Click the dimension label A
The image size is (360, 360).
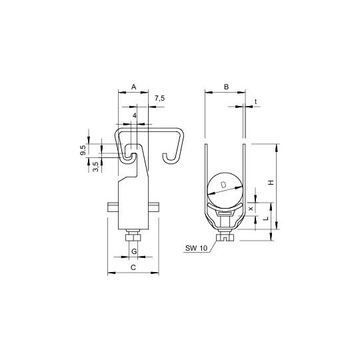(x=133, y=87)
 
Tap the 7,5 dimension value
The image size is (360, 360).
(x=159, y=99)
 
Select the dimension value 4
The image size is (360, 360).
(x=135, y=116)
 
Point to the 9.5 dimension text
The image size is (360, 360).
(x=83, y=150)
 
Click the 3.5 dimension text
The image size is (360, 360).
(x=96, y=167)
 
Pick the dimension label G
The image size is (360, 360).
(x=134, y=251)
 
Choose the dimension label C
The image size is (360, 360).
(x=133, y=267)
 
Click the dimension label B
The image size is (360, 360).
(x=227, y=87)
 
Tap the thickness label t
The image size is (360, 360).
(x=255, y=101)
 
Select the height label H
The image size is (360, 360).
(x=271, y=183)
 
